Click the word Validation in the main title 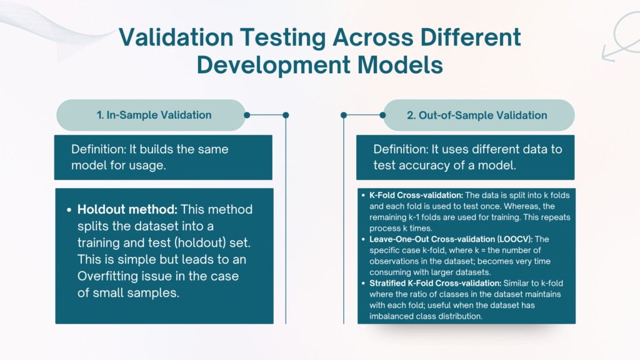pyautogui.click(x=176, y=37)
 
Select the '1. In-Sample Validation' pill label pyautogui.click(x=154, y=115)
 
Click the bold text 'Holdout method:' pyautogui.click(x=127, y=209)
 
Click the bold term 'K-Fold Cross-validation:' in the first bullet pyautogui.click(x=416, y=195)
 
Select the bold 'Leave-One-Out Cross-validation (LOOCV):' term pyautogui.click(x=451, y=239)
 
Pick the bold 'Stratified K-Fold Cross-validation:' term pyautogui.click(x=435, y=283)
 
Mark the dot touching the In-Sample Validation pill pyautogui.click(x=247, y=115)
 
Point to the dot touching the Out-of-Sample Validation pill pyautogui.click(x=382, y=115)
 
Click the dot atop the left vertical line pyautogui.click(x=286, y=115)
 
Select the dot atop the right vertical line pyautogui.click(x=344, y=115)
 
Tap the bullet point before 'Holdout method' pyautogui.click(x=69, y=210)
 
